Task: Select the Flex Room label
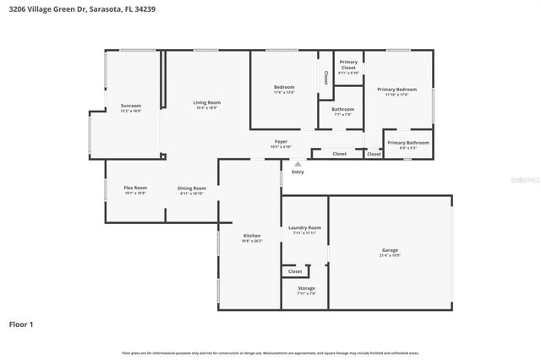pos(135,188)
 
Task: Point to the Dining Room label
pos(192,188)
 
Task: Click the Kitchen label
pos(252,236)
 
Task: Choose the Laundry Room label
pos(304,227)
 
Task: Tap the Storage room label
pos(306,288)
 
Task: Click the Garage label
pos(390,250)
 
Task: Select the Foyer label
pos(281,141)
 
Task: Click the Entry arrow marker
pos(297,164)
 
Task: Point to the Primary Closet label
pos(348,62)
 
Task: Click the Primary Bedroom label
pos(396,90)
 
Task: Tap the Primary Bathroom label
pos(408,143)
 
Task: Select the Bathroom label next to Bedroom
pos(342,109)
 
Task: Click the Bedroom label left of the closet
pos(283,88)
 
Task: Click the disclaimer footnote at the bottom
pos(270,352)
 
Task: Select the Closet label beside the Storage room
pos(295,271)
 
